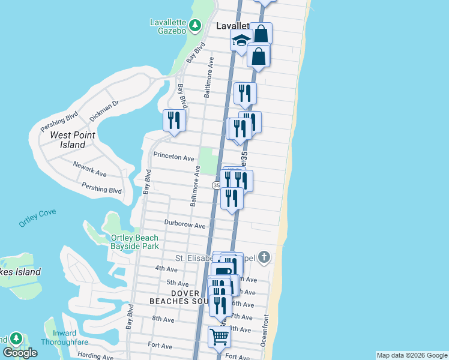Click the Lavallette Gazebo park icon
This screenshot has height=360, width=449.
[x=194, y=25]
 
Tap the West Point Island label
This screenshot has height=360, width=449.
[x=67, y=140]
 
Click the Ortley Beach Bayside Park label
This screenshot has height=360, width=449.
[x=134, y=242]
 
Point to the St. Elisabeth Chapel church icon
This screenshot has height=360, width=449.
[x=264, y=258]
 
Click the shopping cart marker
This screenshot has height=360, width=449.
[x=220, y=337]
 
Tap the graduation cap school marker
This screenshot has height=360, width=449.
[x=241, y=41]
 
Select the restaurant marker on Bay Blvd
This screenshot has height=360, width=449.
[x=173, y=120]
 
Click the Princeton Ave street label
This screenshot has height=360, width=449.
[x=174, y=158]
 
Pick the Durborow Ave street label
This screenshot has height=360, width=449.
[x=185, y=226]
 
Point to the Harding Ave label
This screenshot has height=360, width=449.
[x=91, y=356]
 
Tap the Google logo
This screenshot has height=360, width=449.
[x=20, y=353]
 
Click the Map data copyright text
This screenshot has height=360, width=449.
[x=411, y=355]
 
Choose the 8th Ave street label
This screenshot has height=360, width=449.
[x=163, y=319]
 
